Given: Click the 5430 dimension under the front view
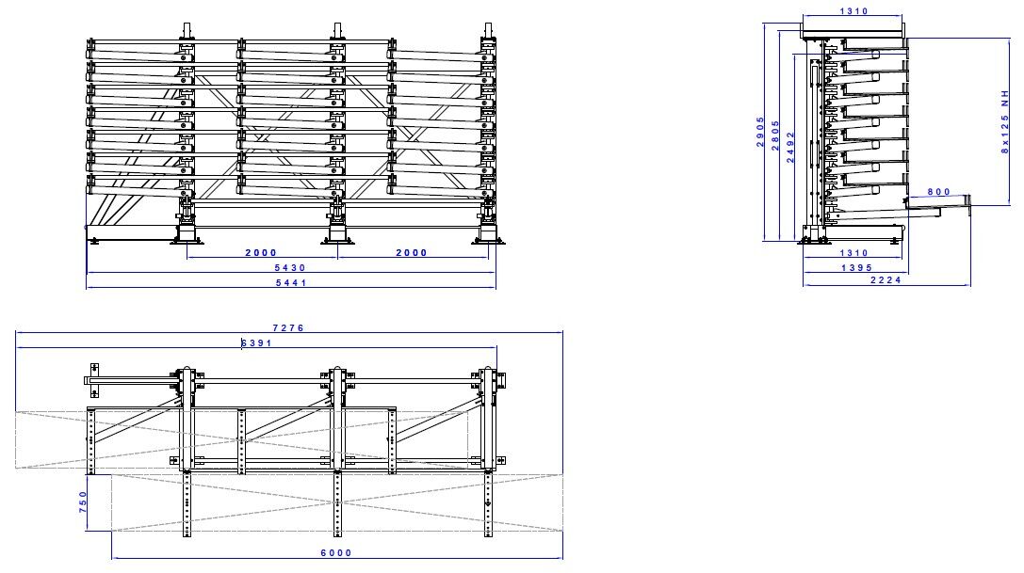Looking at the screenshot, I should point(290,268).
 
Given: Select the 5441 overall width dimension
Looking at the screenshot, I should point(290,282).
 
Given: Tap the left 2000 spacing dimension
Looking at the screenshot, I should point(260,253).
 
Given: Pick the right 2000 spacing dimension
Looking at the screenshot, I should point(411,253).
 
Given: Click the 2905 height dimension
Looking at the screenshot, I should point(761,134).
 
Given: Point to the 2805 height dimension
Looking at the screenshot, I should point(775,134).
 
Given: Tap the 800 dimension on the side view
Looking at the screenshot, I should point(938,192).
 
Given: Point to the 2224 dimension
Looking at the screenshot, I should point(886,281).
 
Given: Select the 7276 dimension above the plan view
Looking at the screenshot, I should point(288,327).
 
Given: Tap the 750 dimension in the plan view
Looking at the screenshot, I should point(82,501).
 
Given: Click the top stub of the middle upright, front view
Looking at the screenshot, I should point(336,30).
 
